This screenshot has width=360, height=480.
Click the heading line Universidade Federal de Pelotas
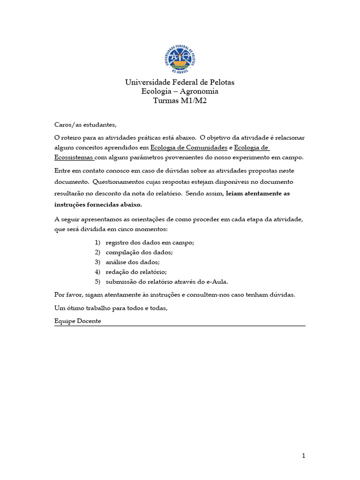pos(180,82)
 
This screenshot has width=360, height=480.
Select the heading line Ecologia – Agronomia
pos(180,91)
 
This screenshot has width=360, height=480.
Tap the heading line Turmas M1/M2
pos(180,100)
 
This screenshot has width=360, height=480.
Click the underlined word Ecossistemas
pos(74,157)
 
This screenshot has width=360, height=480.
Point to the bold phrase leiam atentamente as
pos(258,194)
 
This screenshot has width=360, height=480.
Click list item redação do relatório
pos(136,271)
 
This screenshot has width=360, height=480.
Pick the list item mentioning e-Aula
pos(167,281)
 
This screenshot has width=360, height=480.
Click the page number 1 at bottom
pos(303,456)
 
